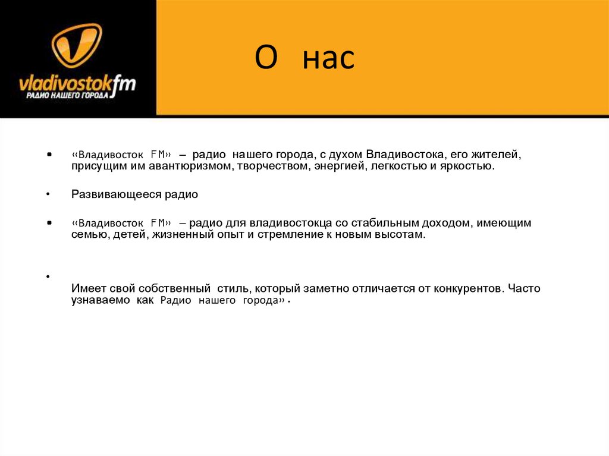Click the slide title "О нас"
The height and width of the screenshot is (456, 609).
[304, 59]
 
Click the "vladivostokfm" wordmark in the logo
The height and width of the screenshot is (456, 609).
[77, 82]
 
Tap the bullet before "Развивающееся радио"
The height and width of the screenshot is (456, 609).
[47, 194]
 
